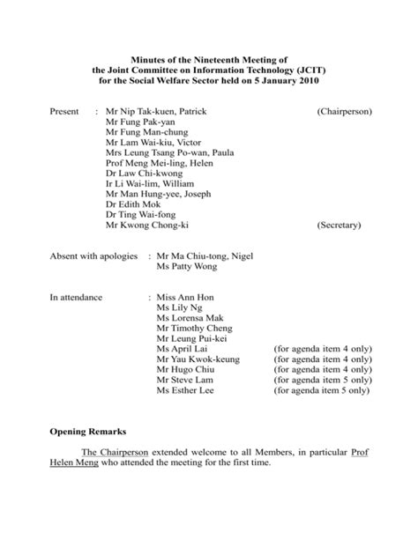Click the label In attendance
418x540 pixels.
click(x=77, y=299)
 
